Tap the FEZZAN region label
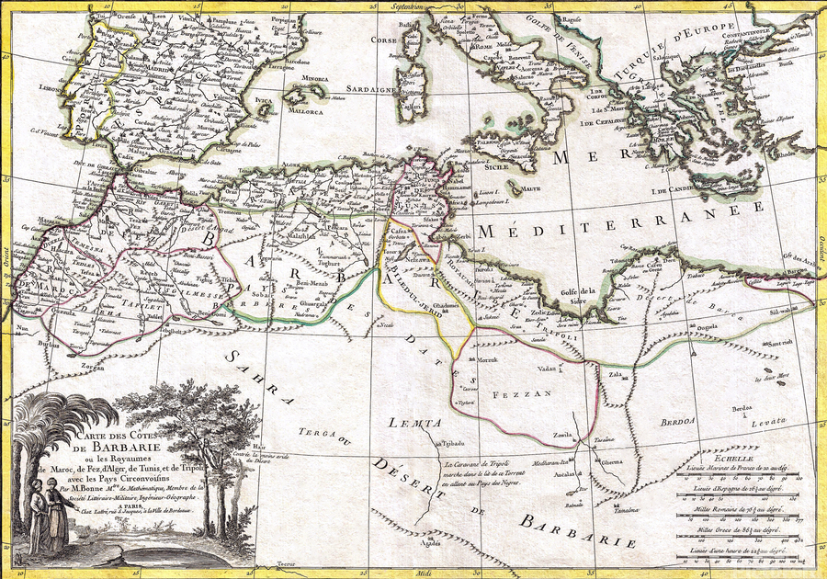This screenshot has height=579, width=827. click(526, 392)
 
